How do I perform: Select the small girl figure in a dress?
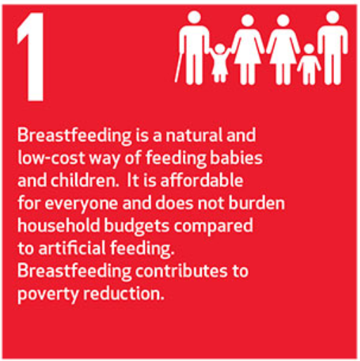[219, 63]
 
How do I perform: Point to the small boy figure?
[309, 64]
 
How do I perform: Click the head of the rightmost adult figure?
[333, 18]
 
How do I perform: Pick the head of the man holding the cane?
[194, 18]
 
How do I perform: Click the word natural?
[194, 135]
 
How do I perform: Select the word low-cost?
[51, 157]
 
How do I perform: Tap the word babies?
[236, 157]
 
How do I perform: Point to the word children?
[85, 180]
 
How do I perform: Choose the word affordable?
[202, 180]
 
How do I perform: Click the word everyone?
[81, 203]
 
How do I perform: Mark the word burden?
[257, 203]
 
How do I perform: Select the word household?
[58, 225]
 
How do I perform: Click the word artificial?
[72, 248]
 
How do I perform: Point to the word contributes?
[181, 270]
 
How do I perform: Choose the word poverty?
[48, 294]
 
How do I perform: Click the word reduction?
[124, 293]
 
